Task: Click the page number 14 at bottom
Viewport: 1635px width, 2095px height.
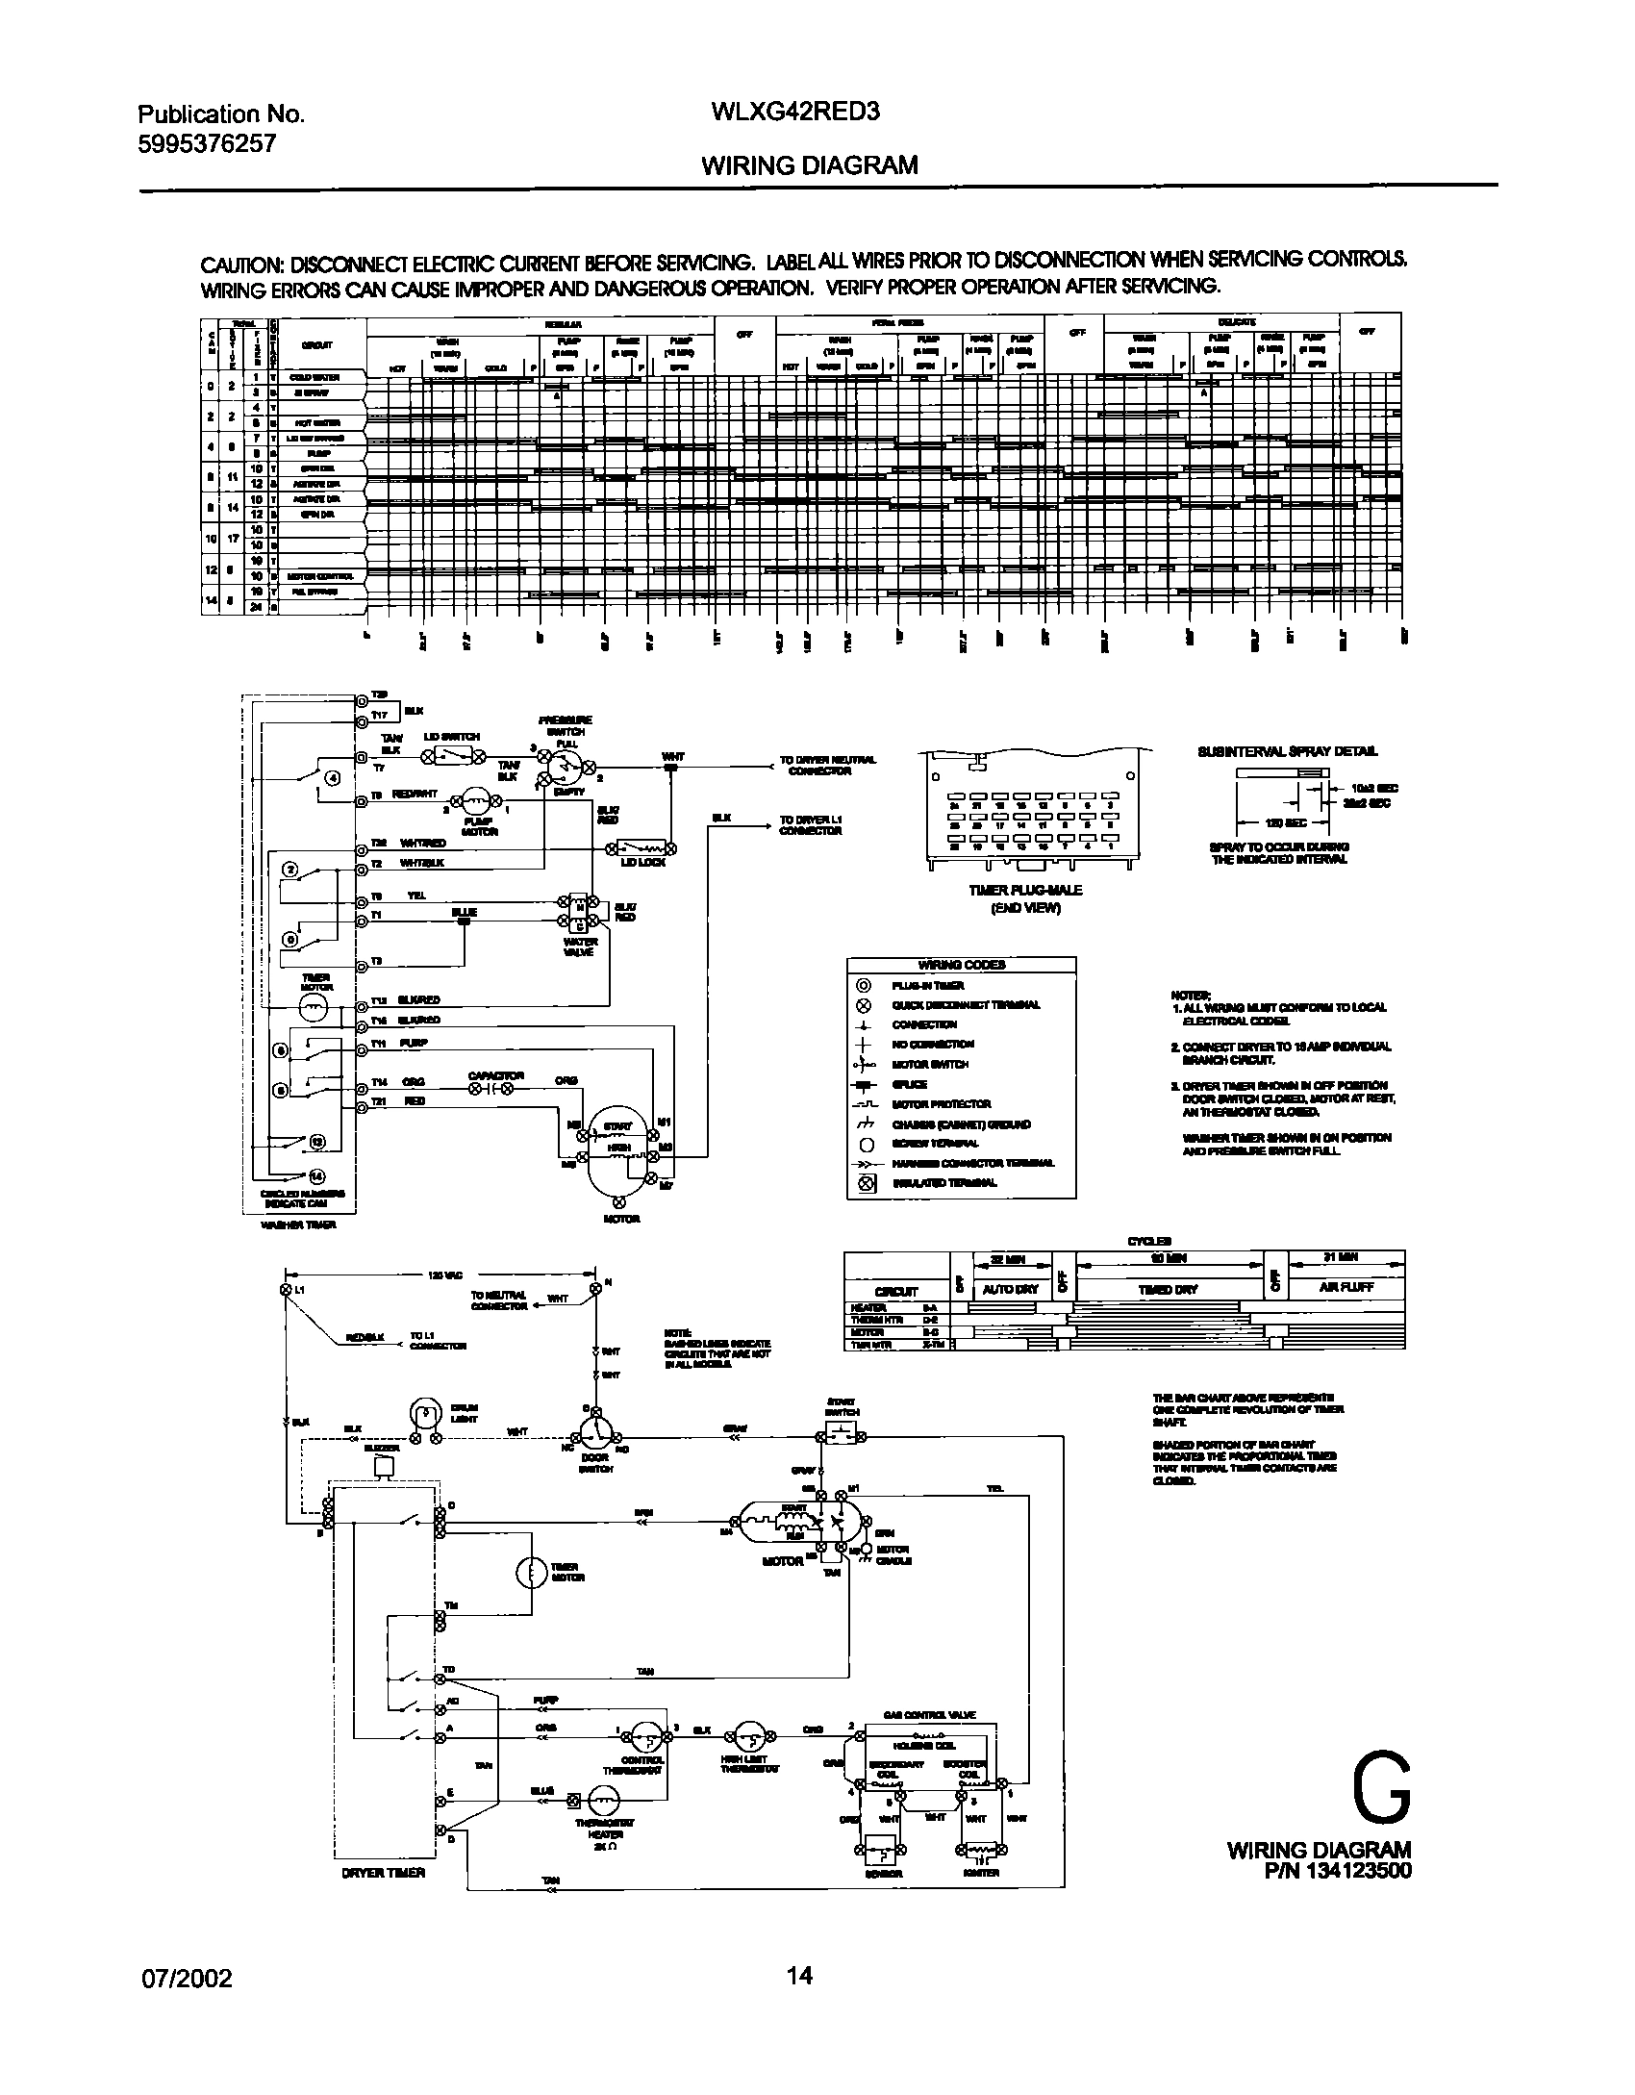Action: (x=799, y=1976)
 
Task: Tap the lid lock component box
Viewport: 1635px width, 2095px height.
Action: (x=640, y=848)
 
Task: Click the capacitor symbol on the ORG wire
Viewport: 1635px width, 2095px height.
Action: (x=490, y=1089)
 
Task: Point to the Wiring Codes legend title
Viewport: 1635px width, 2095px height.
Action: (x=961, y=965)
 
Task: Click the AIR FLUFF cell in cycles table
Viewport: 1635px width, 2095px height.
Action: (x=1346, y=1288)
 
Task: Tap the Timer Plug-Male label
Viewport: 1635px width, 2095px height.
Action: (x=1024, y=890)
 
